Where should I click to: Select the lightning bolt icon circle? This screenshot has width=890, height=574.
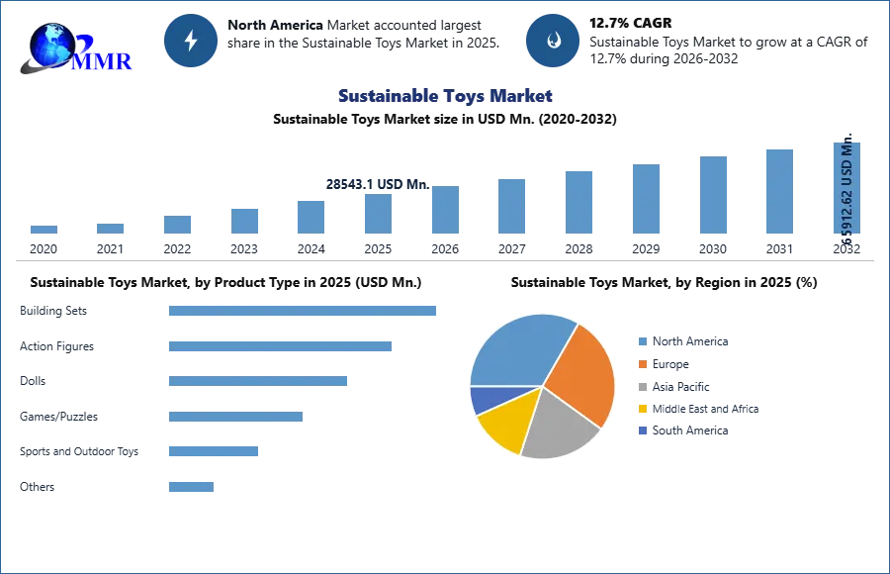coord(192,41)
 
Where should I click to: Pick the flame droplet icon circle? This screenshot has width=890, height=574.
coord(553,41)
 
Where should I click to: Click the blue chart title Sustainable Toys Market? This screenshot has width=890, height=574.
coord(444,96)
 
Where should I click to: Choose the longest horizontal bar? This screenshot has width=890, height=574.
coord(304,310)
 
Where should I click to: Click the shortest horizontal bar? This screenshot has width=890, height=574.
coord(190,487)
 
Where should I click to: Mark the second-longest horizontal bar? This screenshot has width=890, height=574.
coord(281,347)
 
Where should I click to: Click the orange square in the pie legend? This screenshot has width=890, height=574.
coord(641,364)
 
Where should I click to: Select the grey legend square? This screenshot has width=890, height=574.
coord(641,387)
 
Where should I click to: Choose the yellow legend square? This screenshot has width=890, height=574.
coord(641,409)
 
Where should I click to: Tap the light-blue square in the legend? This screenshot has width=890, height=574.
coord(641,340)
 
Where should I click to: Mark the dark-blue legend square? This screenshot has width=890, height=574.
coord(641,430)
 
